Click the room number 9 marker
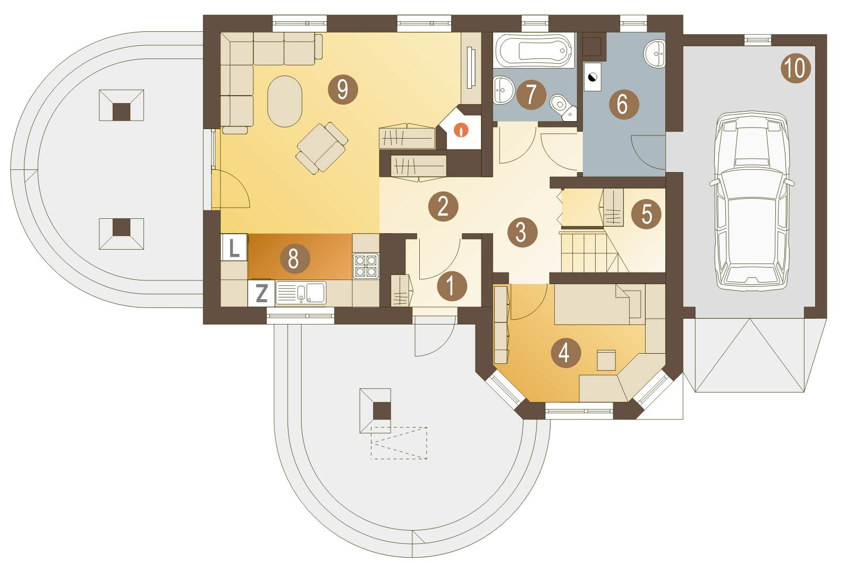click(x=343, y=90)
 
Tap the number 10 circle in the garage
click(x=796, y=69)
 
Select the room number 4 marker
click(x=566, y=353)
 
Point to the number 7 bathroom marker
click(x=531, y=95)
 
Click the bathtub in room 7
click(x=534, y=50)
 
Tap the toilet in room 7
click(x=563, y=107)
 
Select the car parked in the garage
click(x=751, y=200)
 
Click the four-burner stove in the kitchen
click(x=366, y=266)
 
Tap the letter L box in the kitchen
click(x=234, y=247)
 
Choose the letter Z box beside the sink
click(x=261, y=293)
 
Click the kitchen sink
click(x=301, y=293)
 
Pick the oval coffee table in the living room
click(x=285, y=101)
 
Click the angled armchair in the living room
click(x=321, y=148)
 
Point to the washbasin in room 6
click(x=655, y=54)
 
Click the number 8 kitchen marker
click(x=295, y=258)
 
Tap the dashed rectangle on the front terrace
click(x=399, y=443)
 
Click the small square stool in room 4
click(x=606, y=360)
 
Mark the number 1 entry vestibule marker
click(x=452, y=286)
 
